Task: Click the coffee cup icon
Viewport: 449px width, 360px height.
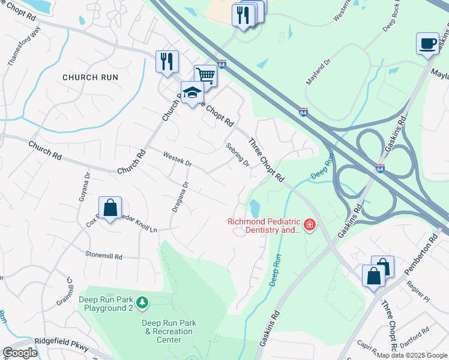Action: click(428, 44)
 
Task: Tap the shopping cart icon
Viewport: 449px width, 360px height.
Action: click(205, 76)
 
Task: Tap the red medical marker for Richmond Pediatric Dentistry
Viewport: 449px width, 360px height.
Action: click(310, 225)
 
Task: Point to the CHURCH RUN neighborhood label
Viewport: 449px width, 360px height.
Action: click(90, 77)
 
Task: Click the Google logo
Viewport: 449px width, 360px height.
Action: click(20, 353)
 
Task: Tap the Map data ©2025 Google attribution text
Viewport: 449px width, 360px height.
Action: click(412, 355)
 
